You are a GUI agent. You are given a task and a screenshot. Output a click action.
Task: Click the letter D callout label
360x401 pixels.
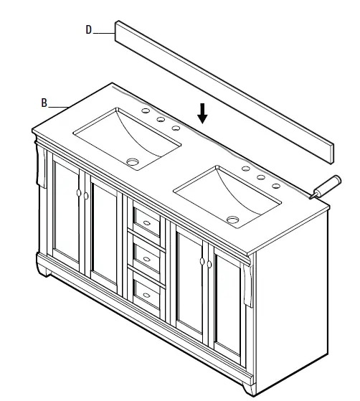88,30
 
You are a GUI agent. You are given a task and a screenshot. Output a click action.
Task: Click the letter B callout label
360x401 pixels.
44,103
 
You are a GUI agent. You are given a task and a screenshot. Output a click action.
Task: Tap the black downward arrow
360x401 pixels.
203,113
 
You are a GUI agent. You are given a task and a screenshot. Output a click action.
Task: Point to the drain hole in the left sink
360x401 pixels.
133,161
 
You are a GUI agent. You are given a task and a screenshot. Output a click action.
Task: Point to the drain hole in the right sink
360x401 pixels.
232,219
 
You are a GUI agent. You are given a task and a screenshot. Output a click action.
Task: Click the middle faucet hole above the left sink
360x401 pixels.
161,120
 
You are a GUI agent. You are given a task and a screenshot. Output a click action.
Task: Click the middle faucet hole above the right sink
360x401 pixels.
260,176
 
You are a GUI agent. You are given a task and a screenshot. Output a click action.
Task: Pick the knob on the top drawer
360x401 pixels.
146,222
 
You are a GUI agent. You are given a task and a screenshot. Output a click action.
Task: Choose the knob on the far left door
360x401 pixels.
77,192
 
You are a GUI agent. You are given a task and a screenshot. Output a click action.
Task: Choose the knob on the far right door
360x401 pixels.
210,265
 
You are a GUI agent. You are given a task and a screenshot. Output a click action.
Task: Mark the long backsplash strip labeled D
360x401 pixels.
222,90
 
